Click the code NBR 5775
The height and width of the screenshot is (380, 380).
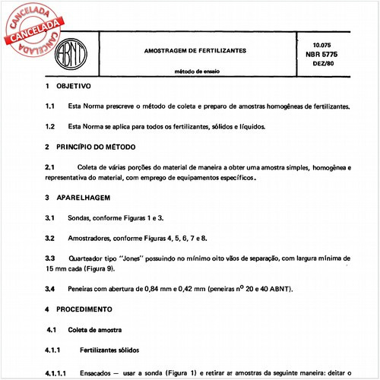pos(328,55)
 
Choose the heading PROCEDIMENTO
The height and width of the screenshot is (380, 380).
pos(86,310)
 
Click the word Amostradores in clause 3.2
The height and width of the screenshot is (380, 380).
pos(91,239)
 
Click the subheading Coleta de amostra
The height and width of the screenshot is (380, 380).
pos(94,331)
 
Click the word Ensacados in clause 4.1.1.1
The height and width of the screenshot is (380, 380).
pos(98,372)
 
